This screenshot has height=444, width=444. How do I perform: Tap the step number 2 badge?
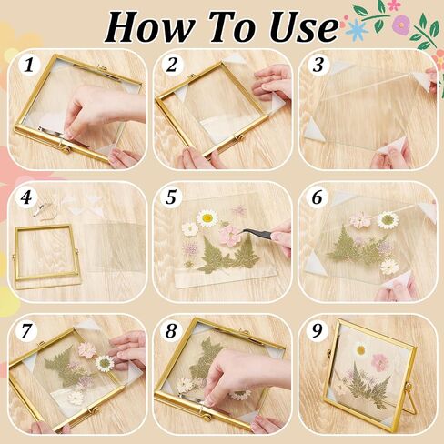click(x=171, y=66)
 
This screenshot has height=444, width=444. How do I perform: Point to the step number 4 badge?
click(x=27, y=197)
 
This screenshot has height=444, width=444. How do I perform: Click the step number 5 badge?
click(x=171, y=197)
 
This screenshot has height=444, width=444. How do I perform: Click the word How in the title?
click(x=149, y=26)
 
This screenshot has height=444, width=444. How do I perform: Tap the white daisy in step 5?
click(x=207, y=217)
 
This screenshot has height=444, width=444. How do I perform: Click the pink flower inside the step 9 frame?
click(x=380, y=361)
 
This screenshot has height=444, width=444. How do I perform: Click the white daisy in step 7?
click(x=105, y=363)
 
